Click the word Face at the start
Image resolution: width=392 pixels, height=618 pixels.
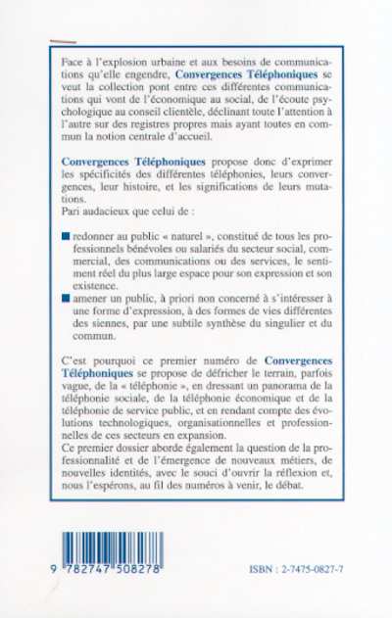pos(72,61)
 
